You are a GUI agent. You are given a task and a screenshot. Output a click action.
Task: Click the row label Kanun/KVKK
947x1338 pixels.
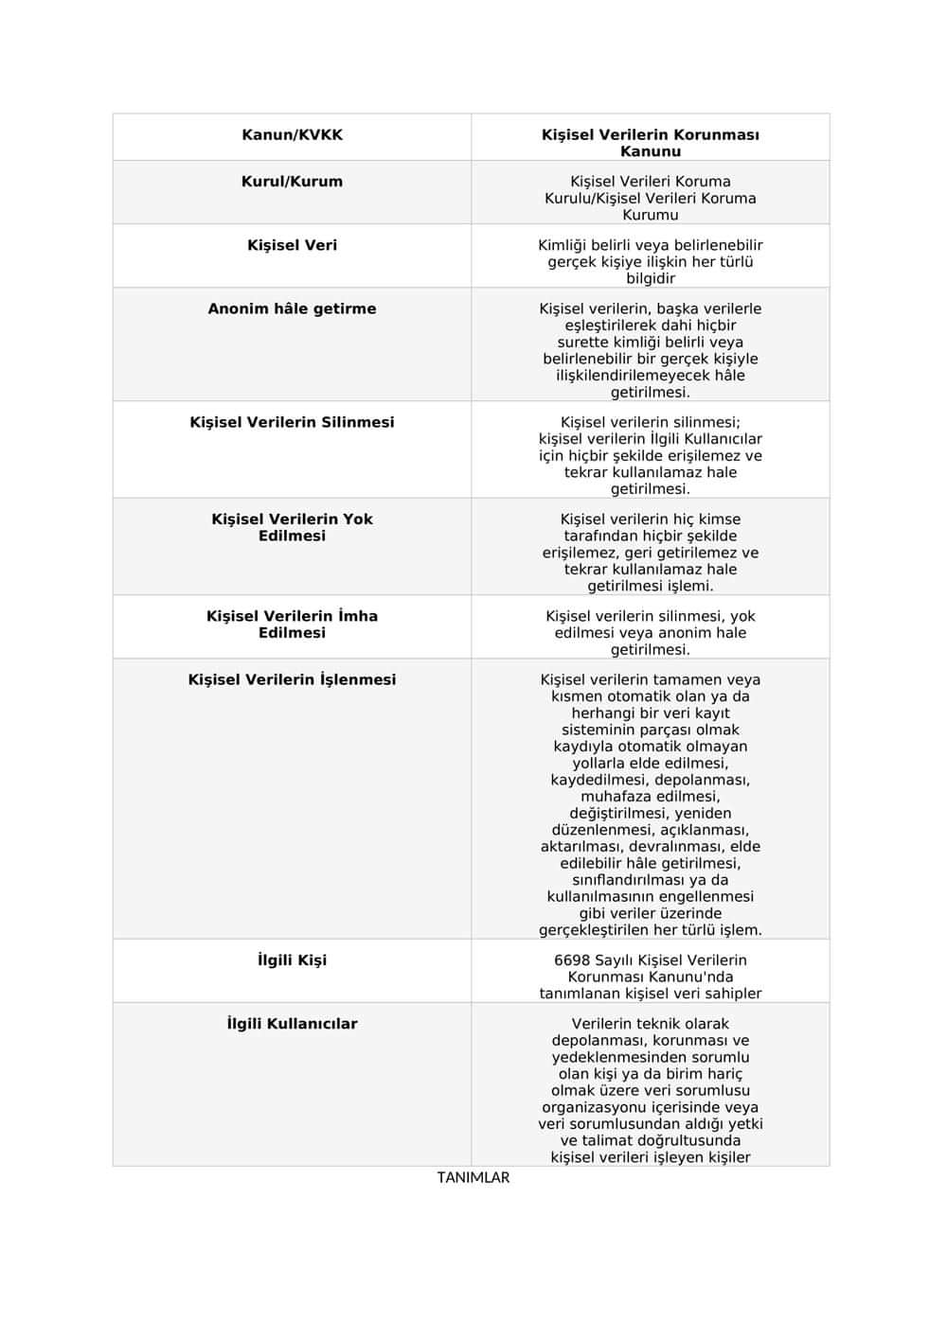(292, 135)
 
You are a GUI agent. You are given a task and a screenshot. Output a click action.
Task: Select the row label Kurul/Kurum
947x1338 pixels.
(292, 182)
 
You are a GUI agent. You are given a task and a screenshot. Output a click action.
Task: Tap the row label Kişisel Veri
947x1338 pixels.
(292, 245)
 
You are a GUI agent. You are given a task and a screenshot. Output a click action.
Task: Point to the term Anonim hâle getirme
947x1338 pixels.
(292, 308)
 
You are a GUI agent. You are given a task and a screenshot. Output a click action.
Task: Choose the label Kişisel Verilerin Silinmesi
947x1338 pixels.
(292, 422)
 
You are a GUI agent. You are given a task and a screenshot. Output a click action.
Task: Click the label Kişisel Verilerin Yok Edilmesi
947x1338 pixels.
(292, 527)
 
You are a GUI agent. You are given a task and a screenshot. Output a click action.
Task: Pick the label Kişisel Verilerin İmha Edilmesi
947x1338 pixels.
(292, 625)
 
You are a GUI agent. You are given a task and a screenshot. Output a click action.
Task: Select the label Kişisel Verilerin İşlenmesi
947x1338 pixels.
(292, 679)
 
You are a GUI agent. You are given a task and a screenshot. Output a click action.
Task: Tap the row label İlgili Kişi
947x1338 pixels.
(292, 960)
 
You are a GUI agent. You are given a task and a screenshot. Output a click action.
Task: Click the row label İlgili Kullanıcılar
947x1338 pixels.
(292, 1024)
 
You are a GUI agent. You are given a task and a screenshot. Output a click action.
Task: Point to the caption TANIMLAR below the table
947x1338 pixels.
(473, 1178)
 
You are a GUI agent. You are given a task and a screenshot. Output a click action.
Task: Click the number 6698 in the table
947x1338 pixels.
(573, 960)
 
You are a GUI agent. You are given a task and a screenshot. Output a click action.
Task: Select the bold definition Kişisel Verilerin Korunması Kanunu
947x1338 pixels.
(651, 143)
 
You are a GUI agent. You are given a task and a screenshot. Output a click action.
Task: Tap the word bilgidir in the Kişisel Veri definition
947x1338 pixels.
(651, 279)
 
